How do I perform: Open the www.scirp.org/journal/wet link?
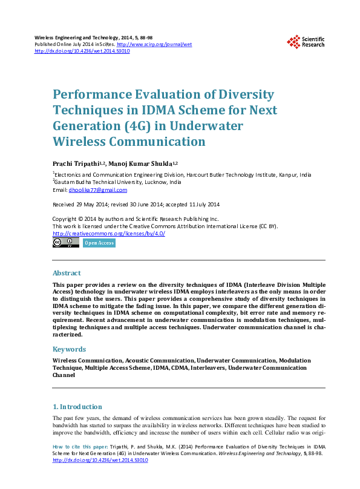click(154, 45)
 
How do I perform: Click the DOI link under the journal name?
click(82, 51)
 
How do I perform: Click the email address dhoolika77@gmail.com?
click(98, 189)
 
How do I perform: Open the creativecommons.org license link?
click(109, 234)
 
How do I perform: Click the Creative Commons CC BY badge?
click(66, 243)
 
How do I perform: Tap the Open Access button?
click(99, 243)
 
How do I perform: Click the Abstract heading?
click(67, 273)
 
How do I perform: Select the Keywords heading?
click(70, 349)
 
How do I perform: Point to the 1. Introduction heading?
click(77, 407)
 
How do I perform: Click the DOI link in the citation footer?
click(100, 460)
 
